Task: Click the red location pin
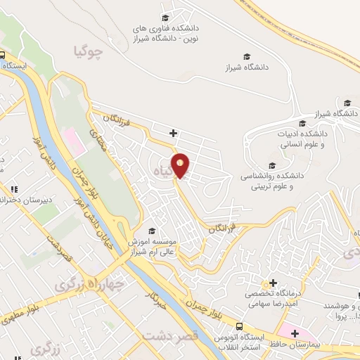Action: (181, 165)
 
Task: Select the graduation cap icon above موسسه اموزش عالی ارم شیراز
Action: (151, 231)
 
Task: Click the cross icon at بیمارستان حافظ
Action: (294, 333)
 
